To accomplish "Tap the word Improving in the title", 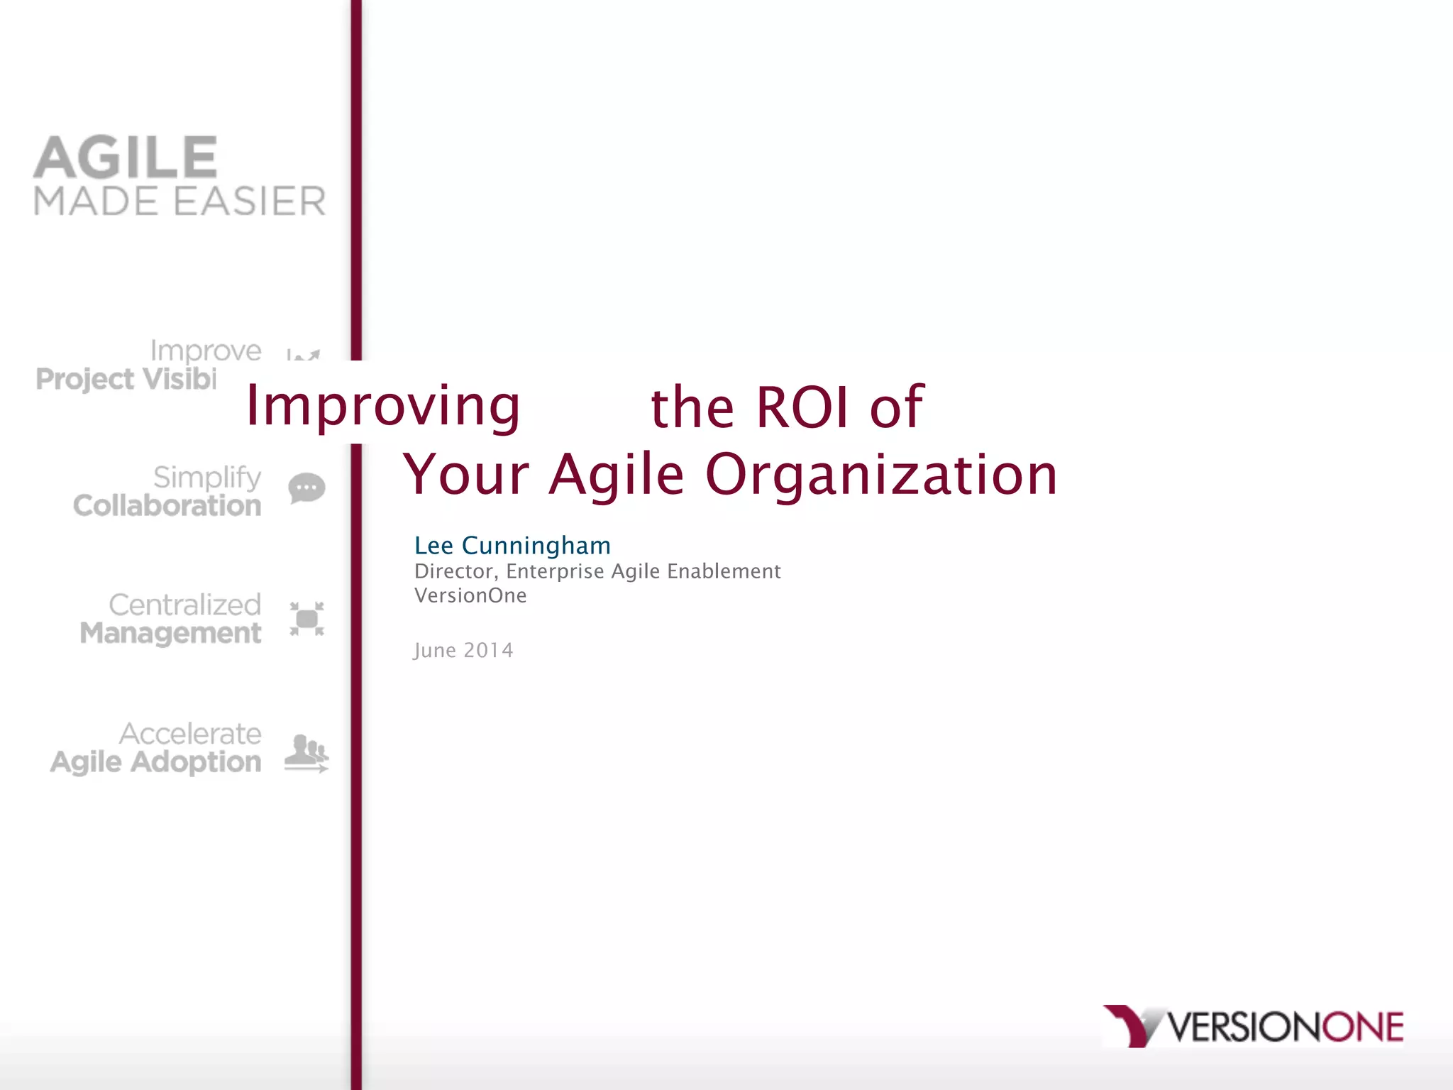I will coord(382,406).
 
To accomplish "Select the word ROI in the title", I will coord(802,407).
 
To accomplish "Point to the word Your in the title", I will coord(466,474).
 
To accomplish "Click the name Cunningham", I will coord(536,546).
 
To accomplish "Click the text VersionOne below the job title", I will coord(470,595).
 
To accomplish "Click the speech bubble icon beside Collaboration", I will coord(306,488).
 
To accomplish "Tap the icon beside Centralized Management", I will coord(306,619).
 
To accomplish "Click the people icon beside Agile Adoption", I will coord(306,752).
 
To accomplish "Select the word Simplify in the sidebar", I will coord(207,478).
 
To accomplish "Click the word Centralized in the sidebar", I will coord(184,605).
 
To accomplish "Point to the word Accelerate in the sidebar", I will coord(190,734).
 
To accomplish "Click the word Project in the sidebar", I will coord(84,379).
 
